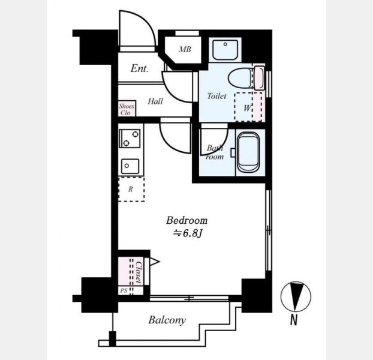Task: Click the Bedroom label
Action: [186, 220]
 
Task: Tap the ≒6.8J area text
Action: [188, 234]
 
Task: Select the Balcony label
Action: [167, 320]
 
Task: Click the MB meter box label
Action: [185, 49]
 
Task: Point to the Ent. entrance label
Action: [139, 69]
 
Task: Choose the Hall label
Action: [155, 101]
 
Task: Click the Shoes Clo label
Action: [127, 109]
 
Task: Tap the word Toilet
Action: [216, 96]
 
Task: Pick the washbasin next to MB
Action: [225, 50]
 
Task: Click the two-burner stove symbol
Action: [130, 139]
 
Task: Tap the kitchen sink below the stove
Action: [130, 166]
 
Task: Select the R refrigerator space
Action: [131, 189]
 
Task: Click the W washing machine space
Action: [248, 107]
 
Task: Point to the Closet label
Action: [139, 272]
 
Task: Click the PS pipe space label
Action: [124, 290]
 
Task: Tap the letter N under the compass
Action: [294, 320]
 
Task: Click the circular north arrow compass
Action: [296, 297]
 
